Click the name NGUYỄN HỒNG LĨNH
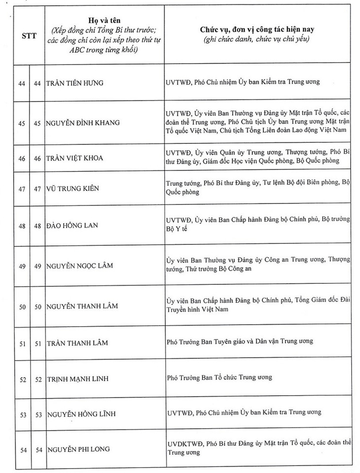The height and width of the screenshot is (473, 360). (81, 412)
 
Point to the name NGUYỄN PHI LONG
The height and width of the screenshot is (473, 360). (78, 449)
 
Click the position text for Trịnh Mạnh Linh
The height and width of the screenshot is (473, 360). (219, 377)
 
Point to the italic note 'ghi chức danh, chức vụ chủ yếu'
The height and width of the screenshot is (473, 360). (258, 38)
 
